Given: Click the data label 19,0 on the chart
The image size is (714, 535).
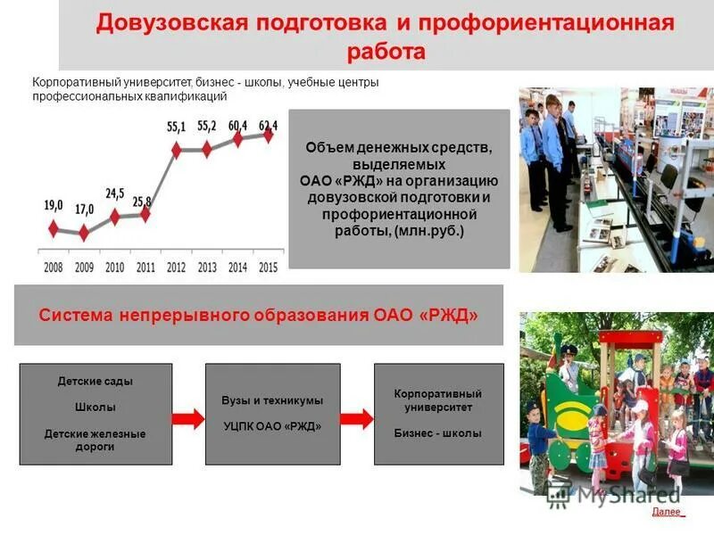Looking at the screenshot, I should [54, 205].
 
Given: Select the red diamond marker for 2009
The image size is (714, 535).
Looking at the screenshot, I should [84, 234].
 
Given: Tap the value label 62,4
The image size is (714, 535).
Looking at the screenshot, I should [268, 125].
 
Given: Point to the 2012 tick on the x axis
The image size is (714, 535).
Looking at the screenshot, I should [176, 267].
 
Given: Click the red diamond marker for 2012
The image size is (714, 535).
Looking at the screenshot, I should [176, 150].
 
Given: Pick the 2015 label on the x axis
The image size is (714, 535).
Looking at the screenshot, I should [268, 267].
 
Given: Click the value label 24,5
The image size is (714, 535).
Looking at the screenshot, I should [115, 193].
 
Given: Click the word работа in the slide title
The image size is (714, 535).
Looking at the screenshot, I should [386, 51].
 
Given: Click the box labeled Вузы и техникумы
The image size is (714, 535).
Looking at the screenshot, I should [272, 401].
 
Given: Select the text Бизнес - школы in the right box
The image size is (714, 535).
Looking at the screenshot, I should [437, 433].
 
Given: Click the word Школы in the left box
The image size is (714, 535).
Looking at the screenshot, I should [95, 407].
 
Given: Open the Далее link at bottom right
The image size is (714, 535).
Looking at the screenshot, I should [667, 512].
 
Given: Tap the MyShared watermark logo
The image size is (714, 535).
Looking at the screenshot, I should [615, 494].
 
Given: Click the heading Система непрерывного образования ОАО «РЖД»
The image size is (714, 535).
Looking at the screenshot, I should [259, 316].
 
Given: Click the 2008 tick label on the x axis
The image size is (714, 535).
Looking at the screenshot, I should [54, 267].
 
